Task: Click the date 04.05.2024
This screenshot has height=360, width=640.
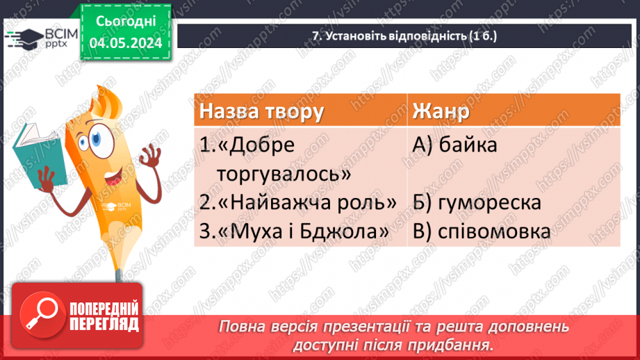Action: pyautogui.click(x=125, y=42)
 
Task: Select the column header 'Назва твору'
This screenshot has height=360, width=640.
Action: pyautogui.click(x=261, y=111)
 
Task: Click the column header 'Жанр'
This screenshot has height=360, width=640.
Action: pyautogui.click(x=441, y=111)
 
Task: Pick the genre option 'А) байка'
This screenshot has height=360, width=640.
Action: pyautogui.click(x=455, y=145)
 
